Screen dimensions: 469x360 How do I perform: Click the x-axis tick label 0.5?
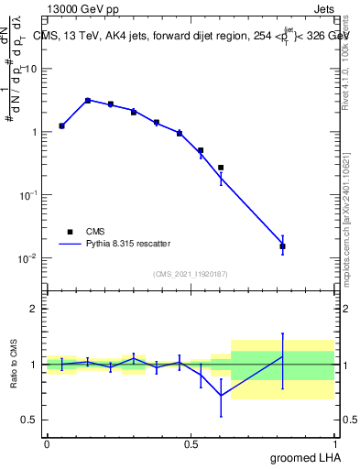tap(191, 444)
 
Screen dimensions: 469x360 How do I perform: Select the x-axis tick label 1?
tap(338, 444)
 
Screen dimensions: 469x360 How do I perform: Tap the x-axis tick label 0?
tap(47, 444)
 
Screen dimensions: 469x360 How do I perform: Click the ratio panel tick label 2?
tap(33, 309)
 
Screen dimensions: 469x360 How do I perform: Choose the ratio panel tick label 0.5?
tap(28, 420)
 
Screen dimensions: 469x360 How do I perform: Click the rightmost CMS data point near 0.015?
tap(282, 246)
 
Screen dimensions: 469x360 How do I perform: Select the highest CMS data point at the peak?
tap(88, 101)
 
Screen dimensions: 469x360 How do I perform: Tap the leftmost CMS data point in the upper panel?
tap(61, 125)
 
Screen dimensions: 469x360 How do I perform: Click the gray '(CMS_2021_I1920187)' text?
tap(191, 273)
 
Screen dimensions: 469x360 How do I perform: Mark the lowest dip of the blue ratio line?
tap(221, 396)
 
